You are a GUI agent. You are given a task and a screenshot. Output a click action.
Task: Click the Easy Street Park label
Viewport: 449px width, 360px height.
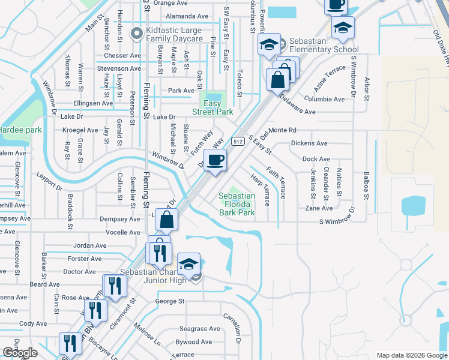(x=212, y=107)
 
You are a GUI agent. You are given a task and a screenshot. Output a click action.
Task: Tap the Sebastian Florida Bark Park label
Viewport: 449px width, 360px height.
(x=236, y=204)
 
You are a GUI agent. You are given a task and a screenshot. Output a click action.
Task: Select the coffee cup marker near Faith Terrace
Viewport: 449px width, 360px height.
(x=215, y=160)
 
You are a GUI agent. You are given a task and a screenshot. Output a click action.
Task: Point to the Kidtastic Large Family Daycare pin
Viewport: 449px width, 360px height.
(x=136, y=32)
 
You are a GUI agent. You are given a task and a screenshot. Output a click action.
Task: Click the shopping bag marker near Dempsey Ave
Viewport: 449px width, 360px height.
(x=167, y=220)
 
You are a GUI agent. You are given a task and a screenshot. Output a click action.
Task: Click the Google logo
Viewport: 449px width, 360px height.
(x=20, y=353)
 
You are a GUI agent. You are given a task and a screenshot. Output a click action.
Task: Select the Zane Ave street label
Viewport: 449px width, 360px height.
(x=319, y=208)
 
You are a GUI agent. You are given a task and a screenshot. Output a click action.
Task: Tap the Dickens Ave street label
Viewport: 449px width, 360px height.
(x=309, y=143)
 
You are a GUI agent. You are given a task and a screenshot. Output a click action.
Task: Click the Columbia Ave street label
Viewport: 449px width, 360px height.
(x=324, y=99)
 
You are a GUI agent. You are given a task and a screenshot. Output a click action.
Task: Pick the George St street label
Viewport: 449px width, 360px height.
(x=169, y=301)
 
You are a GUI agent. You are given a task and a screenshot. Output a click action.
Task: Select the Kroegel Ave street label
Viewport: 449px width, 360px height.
(x=80, y=130)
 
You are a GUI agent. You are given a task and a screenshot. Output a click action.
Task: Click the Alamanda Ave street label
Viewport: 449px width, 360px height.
(x=187, y=16)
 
